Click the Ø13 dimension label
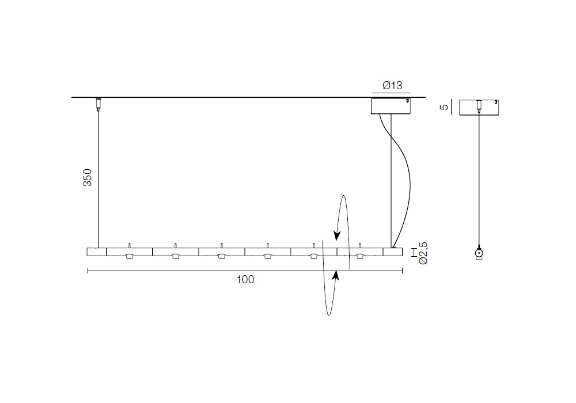pos(392,86)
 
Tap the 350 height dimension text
pos(88,178)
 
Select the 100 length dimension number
pos(245,280)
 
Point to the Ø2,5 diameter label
pos(423,253)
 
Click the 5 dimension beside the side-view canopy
pos(444,107)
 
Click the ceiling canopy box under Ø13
pos(391,107)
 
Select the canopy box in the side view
pos(479,108)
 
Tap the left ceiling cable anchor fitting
pos(98,104)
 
